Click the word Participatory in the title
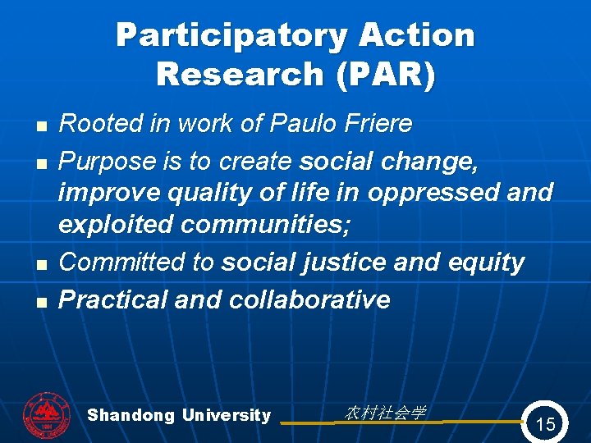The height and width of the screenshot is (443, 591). [219, 36]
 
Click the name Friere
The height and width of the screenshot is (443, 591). [373, 124]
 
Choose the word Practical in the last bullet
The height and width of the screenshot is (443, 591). [113, 299]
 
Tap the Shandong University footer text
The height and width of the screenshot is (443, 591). [179, 415]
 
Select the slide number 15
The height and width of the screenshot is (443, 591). [545, 424]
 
